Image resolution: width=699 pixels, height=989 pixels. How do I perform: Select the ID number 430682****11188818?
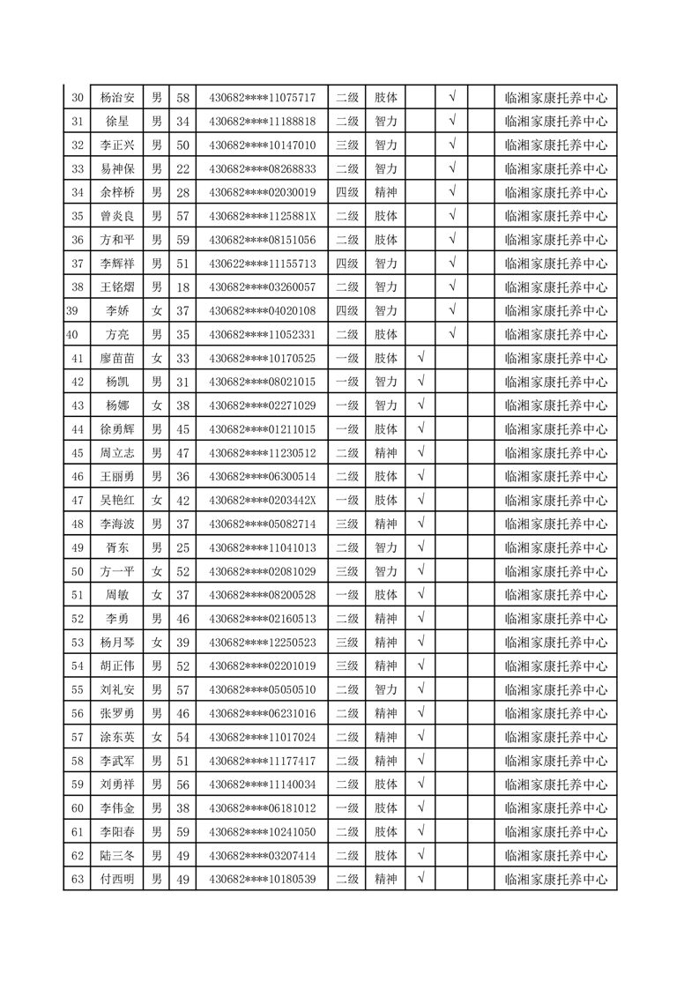pos(262,122)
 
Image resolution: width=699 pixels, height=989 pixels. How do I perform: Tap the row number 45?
pos(77,453)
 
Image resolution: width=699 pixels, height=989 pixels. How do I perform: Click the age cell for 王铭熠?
pos(183,287)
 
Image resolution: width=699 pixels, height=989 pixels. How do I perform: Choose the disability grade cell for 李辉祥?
pos(346,264)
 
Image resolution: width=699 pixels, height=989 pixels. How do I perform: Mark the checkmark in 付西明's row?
pos(420,879)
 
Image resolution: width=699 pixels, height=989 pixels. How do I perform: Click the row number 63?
pos(77,879)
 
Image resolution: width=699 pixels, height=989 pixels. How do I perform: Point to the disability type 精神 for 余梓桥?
pos(386,192)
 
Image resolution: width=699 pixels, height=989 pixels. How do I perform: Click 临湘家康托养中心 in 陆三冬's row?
pos(555,855)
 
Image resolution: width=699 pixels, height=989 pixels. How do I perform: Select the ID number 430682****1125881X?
pos(262,216)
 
